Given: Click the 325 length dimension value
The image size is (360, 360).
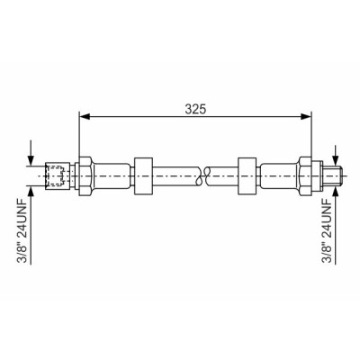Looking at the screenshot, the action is click(195, 109).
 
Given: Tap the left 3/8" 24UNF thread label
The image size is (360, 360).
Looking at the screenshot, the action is click(22, 230).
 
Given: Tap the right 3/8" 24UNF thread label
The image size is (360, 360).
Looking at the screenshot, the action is click(328, 230).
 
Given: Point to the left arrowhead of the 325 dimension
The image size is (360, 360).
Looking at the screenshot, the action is click(85, 117).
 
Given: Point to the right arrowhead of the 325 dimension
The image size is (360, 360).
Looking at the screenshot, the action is click(306, 117).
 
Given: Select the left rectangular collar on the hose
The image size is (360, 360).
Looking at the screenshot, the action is click(144, 175).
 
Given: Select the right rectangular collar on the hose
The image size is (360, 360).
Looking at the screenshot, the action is click(247, 175).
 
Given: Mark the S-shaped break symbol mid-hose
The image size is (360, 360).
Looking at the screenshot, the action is click(202, 175).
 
